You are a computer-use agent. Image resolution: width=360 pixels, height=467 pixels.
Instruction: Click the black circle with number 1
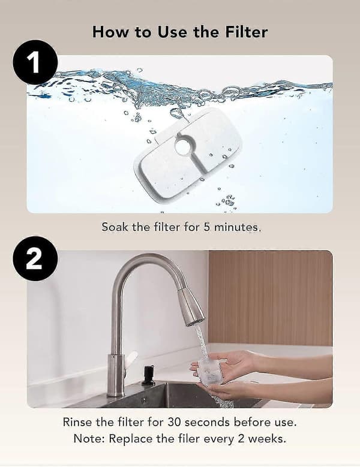[x=35, y=62]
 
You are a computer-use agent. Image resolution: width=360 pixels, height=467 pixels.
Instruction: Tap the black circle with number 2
[x=35, y=258]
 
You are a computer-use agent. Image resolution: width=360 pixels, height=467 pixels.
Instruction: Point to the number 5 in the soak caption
[x=207, y=227]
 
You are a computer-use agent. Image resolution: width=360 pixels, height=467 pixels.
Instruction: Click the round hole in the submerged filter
[x=185, y=146]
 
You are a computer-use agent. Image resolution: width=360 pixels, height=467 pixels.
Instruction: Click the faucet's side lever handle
[x=131, y=358]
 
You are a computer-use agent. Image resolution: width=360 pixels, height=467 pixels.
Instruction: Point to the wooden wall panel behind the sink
[x=270, y=298]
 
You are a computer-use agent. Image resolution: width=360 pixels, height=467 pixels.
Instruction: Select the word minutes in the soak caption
[x=237, y=227]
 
